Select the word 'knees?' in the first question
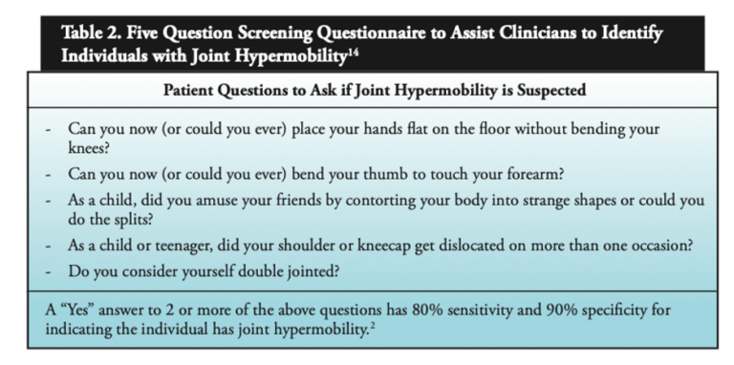click(90, 146)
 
